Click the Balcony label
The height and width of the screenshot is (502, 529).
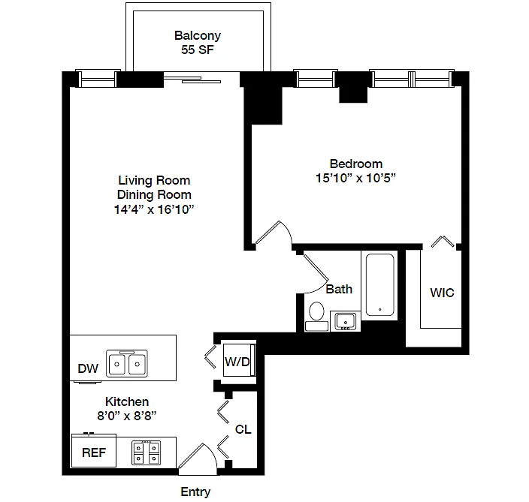pos(198,35)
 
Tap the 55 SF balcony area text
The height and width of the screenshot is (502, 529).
pos(198,50)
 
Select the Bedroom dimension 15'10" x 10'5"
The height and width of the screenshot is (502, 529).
pos(355,178)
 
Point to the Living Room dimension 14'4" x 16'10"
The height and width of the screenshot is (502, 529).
pos(154,209)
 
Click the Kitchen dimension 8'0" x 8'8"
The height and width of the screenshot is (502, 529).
pos(127,416)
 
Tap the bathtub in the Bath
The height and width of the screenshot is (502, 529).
pos(380,284)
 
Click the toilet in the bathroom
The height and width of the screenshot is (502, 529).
pos(316,317)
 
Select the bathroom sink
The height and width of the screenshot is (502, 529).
pos(345,321)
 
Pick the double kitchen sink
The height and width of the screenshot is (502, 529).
pos(127,363)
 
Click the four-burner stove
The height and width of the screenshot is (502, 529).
pos(146,452)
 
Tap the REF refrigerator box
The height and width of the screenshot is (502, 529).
pos(94,451)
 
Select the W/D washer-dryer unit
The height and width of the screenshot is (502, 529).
pos(239,360)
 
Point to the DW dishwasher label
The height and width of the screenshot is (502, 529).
pos(88,368)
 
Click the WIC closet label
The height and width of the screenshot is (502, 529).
pos(442,293)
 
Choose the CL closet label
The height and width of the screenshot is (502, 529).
pos(243,429)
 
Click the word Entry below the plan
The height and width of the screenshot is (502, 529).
pos(195,492)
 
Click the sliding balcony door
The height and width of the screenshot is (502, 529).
pos(192,80)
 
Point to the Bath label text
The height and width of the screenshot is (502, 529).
pos(339,289)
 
